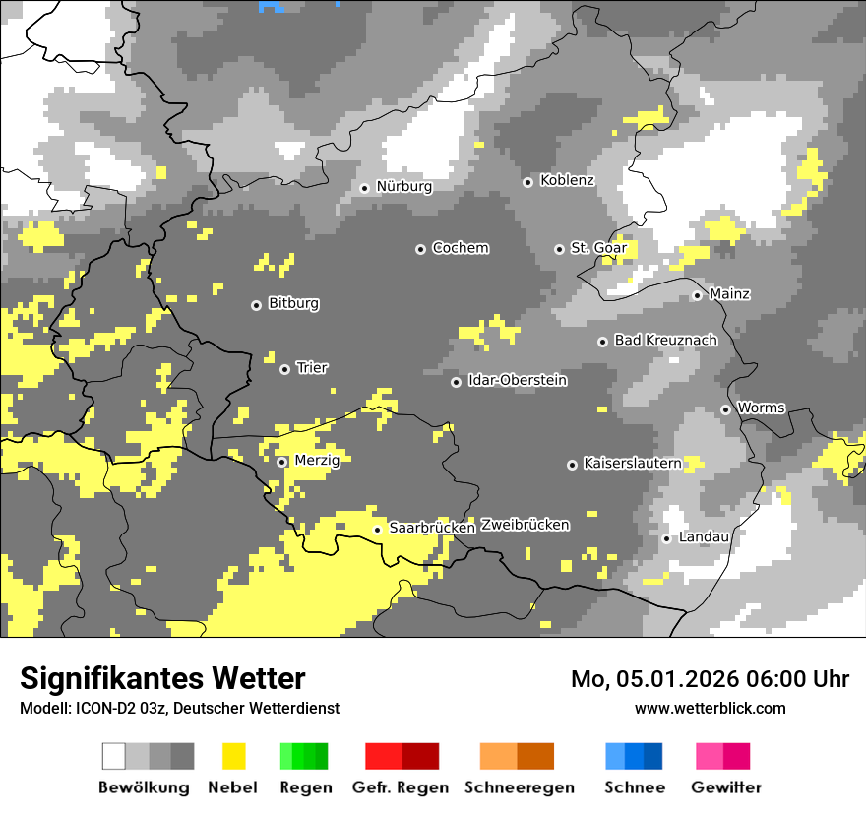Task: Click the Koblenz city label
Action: click(567, 180)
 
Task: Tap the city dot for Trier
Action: click(284, 369)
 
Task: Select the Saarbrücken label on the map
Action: click(432, 528)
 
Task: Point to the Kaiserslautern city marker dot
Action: click(572, 464)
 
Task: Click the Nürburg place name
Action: click(403, 186)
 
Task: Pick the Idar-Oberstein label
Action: click(518, 380)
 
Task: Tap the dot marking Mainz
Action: click(697, 295)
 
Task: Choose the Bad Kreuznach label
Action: click(665, 340)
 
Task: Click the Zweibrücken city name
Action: click(525, 525)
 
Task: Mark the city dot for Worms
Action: click(725, 409)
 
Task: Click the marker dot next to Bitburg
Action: click(256, 305)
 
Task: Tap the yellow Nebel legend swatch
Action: click(233, 756)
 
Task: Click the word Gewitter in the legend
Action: click(725, 787)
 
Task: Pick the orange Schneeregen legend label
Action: click(519, 787)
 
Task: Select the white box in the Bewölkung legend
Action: click(114, 756)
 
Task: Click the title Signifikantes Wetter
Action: click(162, 678)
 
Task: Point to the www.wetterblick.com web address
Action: click(710, 708)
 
